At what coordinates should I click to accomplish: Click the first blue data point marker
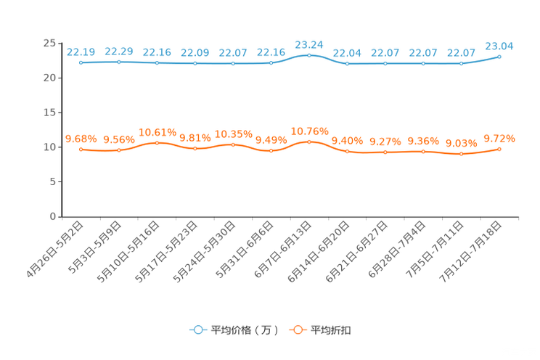[x=81, y=63]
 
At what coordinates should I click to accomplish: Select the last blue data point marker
[x=499, y=56]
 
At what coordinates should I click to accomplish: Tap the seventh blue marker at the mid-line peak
[x=309, y=54]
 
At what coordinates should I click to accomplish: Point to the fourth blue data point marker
[x=195, y=64]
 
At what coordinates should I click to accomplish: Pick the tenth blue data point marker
[x=423, y=64]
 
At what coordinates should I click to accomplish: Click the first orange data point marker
[x=81, y=150]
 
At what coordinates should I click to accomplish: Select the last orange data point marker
[x=499, y=149]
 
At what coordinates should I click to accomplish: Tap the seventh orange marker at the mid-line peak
[x=309, y=142]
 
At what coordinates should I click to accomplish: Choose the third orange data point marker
[x=157, y=143]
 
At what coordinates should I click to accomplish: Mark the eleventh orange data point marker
[x=461, y=155]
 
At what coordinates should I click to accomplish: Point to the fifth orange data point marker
[x=233, y=144]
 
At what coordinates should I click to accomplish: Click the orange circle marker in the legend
[x=298, y=330]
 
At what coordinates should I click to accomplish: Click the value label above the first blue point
[x=81, y=52]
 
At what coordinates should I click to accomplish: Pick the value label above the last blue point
[x=499, y=46]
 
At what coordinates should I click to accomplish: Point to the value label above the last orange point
[x=499, y=138]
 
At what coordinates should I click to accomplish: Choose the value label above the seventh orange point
[x=309, y=131]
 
